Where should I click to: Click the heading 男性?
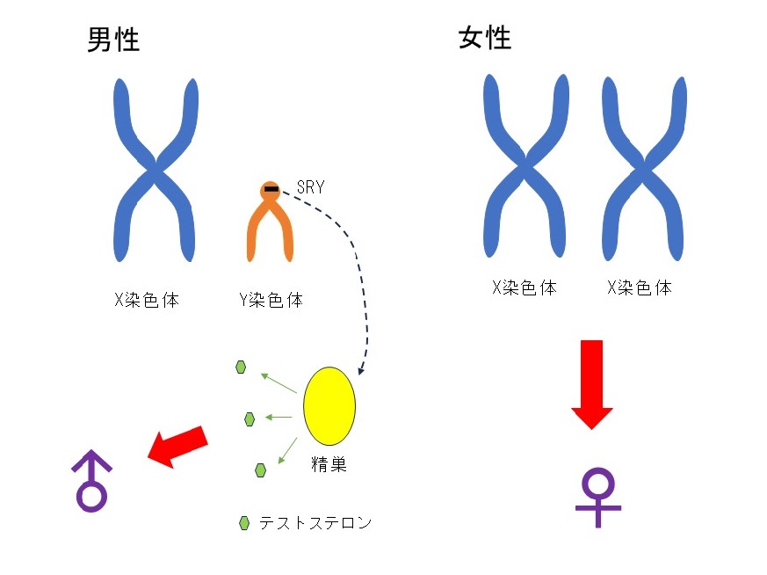(113, 39)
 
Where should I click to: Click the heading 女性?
(485, 38)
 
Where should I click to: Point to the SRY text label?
(310, 186)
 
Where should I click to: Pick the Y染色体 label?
(271, 300)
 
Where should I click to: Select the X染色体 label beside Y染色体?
(147, 300)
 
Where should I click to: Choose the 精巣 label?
(329, 464)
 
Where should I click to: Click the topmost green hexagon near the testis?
(241, 368)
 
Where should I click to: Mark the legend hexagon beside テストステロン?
(244, 524)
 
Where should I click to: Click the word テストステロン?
(315, 524)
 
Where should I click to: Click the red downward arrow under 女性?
(592, 383)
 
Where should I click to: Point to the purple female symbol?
(597, 497)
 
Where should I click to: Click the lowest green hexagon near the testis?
(260, 469)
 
